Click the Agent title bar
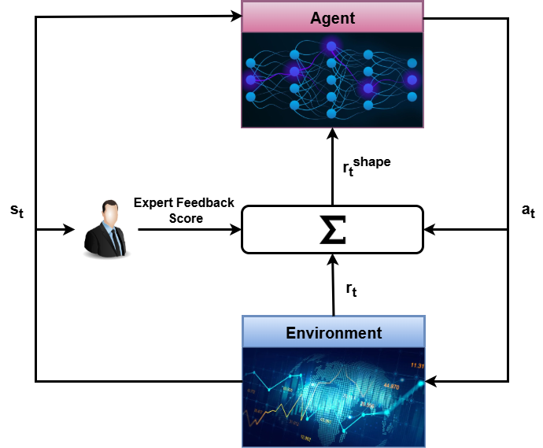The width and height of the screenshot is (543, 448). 332,17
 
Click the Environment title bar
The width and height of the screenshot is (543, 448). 333,332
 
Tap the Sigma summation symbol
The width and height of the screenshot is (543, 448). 332,229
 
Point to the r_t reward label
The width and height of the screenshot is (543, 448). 351,291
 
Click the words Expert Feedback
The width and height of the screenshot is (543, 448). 184,203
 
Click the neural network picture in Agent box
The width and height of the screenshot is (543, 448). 332,80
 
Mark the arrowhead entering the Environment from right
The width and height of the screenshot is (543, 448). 430,381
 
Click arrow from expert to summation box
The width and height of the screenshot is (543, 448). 189,230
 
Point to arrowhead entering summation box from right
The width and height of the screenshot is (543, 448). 429,230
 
